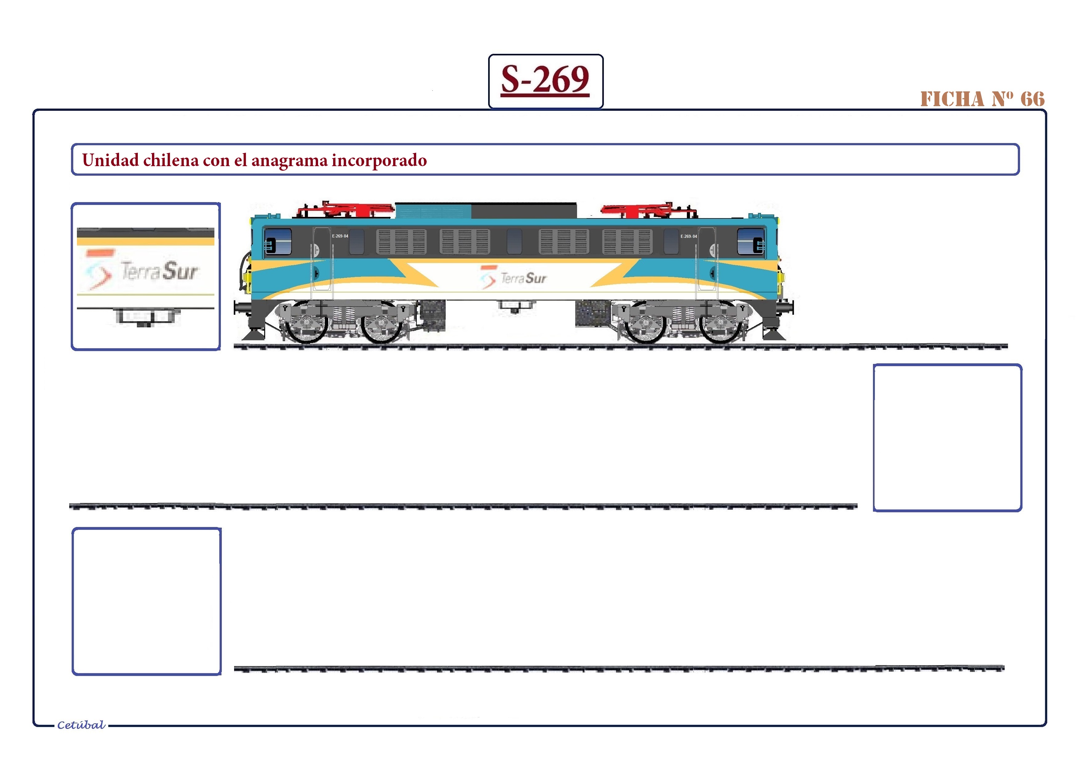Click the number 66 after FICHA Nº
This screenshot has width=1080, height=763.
pyautogui.click(x=1033, y=99)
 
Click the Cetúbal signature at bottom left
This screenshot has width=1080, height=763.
pyautogui.click(x=81, y=725)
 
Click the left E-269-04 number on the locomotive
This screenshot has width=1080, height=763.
pyautogui.click(x=340, y=236)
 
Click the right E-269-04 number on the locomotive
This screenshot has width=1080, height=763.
pyautogui.click(x=689, y=236)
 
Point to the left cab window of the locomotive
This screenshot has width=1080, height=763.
pyautogui.click(x=278, y=241)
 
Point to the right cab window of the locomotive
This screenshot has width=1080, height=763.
pyautogui.click(x=751, y=241)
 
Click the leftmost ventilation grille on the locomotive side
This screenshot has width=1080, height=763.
pyautogui.click(x=401, y=242)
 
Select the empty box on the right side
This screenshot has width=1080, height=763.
pyautogui.click(x=947, y=438)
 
